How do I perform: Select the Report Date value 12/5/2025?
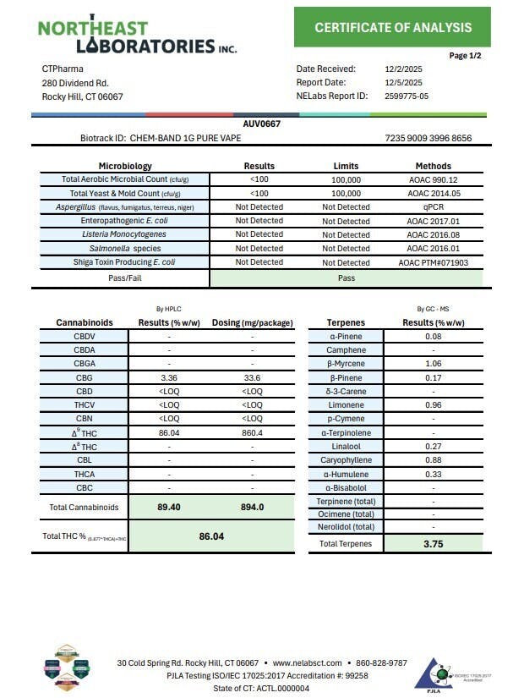(402, 83)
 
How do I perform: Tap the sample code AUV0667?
(261, 124)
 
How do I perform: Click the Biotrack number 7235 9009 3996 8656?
(428, 138)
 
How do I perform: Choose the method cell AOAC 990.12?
(433, 179)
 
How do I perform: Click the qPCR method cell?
(433, 207)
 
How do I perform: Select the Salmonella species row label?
(124, 249)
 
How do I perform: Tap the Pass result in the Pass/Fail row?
(347, 278)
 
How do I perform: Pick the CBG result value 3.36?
(168, 377)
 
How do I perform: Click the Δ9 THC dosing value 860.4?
(252, 432)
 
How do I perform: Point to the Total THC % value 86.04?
(211, 536)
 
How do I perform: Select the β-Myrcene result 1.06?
(433, 364)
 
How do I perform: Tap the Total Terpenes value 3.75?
(433, 544)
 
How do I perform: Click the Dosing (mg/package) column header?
(252, 322)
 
